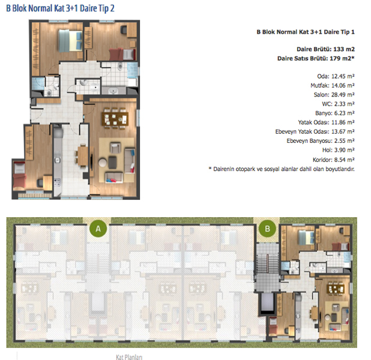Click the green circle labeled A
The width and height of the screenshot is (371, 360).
point(98,229)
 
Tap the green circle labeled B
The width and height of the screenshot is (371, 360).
point(267,229)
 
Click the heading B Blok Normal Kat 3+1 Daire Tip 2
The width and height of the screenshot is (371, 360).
point(61,8)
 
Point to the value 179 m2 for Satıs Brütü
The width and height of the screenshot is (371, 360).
point(342,58)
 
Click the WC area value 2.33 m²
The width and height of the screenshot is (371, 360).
point(344,104)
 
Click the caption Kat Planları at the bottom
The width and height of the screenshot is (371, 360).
point(129,357)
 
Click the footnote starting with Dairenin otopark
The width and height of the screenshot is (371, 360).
point(282,169)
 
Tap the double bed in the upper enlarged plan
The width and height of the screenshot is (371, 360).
point(70,41)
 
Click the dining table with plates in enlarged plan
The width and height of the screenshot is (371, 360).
point(115,118)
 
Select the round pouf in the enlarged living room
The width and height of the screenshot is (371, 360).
point(103,163)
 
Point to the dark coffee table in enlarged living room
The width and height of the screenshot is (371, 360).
point(112,162)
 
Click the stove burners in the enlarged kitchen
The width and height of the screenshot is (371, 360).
point(57,182)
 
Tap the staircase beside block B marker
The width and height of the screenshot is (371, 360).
point(267,263)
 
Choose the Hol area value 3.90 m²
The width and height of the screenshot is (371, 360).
point(344,150)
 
